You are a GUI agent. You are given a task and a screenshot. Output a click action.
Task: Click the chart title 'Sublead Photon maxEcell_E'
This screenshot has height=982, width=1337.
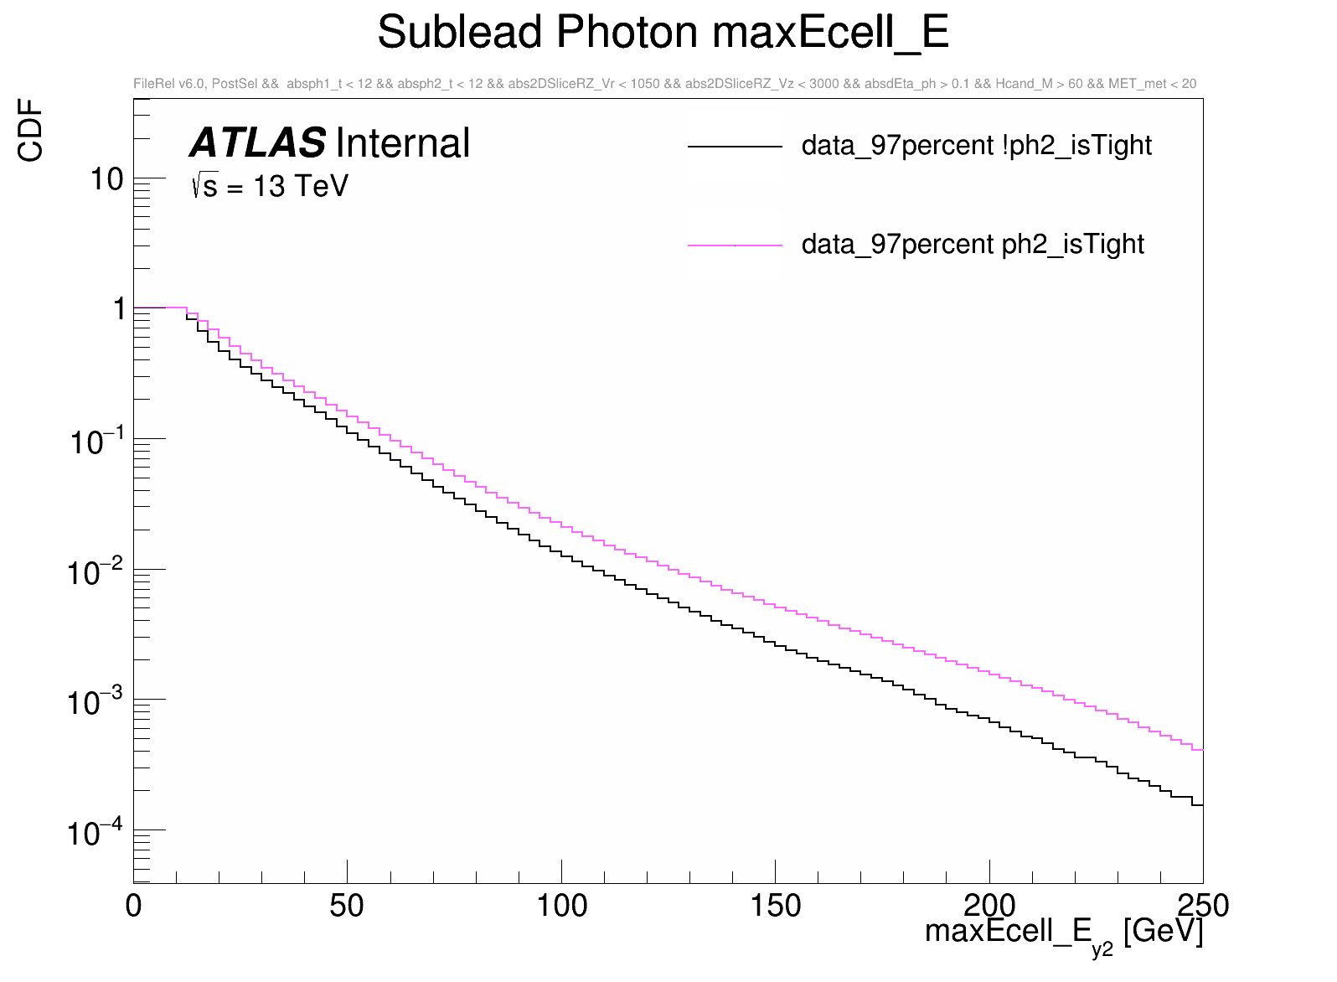[663, 34]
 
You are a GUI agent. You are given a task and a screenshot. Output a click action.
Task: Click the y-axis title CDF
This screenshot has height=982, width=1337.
[31, 130]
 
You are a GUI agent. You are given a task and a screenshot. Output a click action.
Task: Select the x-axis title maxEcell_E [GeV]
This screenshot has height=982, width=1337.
[1063, 933]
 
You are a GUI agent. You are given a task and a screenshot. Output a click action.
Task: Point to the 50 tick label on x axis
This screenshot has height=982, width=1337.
[347, 906]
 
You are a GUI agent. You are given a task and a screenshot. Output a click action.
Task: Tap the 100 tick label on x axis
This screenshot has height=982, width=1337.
[561, 906]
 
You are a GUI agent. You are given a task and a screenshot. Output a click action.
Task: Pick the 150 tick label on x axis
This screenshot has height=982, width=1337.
[775, 906]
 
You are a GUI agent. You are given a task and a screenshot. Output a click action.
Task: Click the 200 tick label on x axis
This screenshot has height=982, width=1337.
[989, 906]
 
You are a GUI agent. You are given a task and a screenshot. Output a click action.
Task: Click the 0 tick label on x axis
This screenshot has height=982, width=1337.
[133, 906]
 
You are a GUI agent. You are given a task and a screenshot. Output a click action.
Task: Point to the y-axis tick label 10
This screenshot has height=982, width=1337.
[106, 178]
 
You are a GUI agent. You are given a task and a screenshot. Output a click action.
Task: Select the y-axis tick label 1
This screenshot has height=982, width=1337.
[119, 309]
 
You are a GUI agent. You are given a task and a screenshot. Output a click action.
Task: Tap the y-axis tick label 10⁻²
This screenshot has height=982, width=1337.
[95, 572]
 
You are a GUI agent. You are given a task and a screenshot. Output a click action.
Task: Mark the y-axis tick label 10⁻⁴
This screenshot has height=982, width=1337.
[95, 833]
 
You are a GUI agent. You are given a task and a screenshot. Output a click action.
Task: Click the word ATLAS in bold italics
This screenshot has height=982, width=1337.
[257, 143]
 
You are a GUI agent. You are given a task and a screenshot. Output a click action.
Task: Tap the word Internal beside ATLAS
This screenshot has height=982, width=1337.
[402, 143]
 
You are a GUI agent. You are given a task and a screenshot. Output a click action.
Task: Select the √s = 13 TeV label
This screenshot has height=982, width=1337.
[270, 186]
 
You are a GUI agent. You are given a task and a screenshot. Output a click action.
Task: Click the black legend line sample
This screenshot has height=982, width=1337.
[735, 147]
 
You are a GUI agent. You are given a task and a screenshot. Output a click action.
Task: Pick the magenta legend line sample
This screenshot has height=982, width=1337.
[735, 245]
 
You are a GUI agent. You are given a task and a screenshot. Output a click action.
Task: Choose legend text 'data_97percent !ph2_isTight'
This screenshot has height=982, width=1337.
[976, 146]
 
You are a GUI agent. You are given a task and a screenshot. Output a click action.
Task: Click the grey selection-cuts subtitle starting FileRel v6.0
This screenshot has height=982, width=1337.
[664, 84]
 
